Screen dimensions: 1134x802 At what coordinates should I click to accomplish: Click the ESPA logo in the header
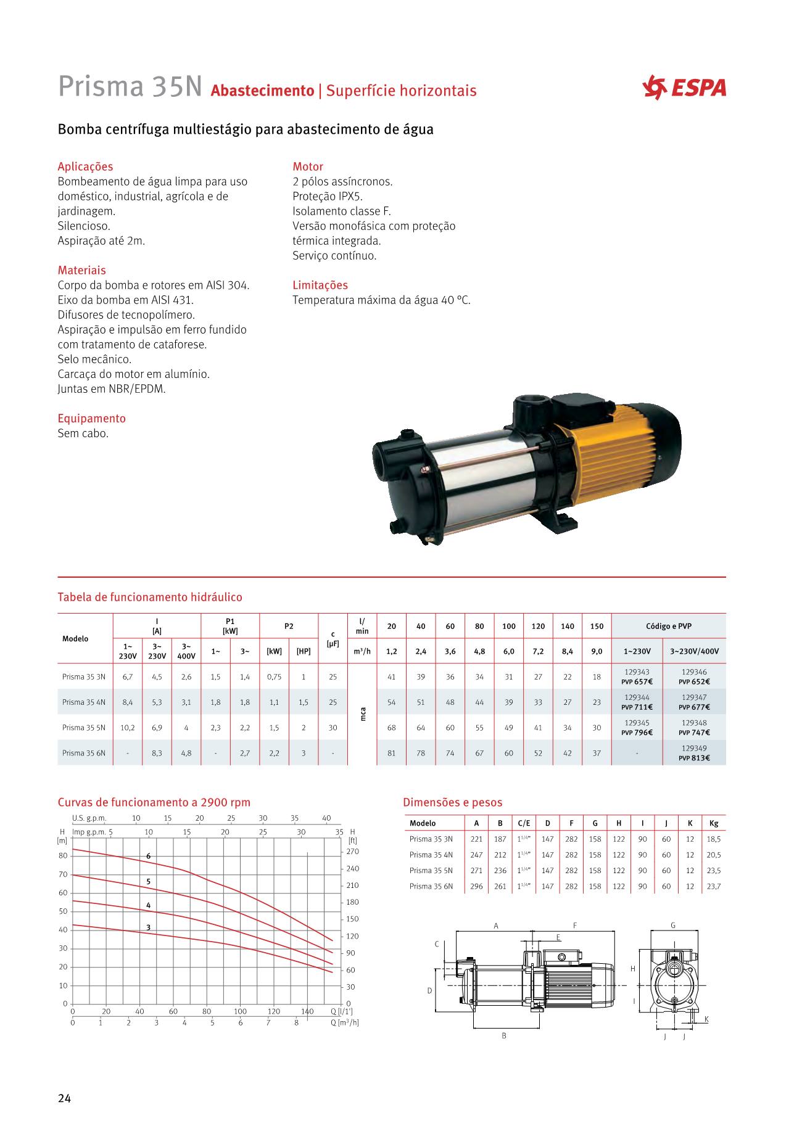pyautogui.click(x=684, y=88)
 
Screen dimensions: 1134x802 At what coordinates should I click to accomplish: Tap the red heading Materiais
pyautogui.click(x=81, y=270)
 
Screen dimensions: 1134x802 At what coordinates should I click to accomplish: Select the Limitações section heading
pyautogui.click(x=320, y=285)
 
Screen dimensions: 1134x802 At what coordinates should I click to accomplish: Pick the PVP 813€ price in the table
pyautogui.click(x=694, y=758)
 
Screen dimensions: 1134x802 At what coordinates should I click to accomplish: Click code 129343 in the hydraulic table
pyautogui.click(x=637, y=672)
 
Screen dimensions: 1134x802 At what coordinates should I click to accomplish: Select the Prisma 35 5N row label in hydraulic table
pyautogui.click(x=84, y=728)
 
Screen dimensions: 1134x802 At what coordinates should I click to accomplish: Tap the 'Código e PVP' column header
pyautogui.click(x=668, y=626)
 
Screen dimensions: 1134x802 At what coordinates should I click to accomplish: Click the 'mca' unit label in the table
pyautogui.click(x=363, y=714)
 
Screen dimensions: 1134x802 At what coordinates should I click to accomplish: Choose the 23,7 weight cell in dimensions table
pyautogui.click(x=714, y=886)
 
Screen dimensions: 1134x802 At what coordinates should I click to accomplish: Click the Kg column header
pyautogui.click(x=714, y=823)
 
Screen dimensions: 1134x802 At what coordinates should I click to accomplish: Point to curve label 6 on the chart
pyautogui.click(x=148, y=857)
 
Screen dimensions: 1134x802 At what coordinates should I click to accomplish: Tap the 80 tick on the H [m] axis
pyautogui.click(x=63, y=856)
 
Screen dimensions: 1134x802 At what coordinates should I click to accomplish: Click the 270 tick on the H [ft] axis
pyautogui.click(x=352, y=852)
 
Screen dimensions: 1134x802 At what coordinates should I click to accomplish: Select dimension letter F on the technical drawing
pyautogui.click(x=574, y=926)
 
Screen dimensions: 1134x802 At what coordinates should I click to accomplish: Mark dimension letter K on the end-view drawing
pyautogui.click(x=706, y=1019)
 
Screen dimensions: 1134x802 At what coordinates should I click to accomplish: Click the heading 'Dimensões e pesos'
pyautogui.click(x=452, y=802)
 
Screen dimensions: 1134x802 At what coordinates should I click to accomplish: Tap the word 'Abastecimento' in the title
pyautogui.click(x=262, y=91)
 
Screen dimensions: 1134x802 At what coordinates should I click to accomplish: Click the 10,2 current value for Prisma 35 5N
pyautogui.click(x=128, y=728)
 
